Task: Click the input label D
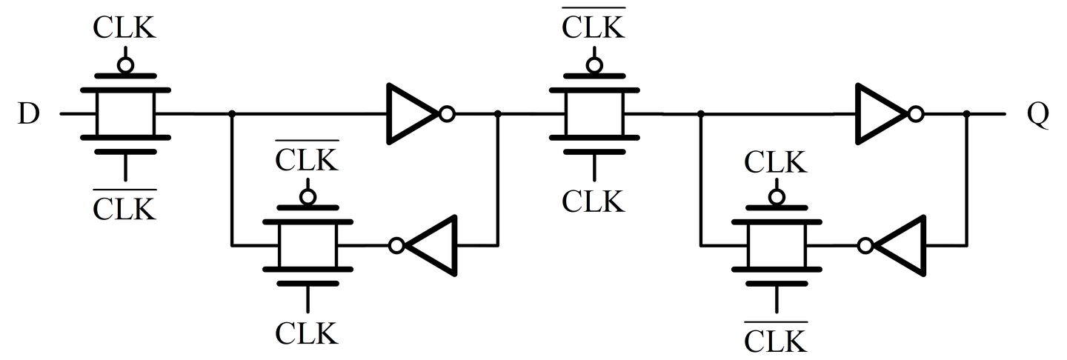click(27, 116)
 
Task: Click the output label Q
click(1037, 116)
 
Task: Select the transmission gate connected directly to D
click(125, 114)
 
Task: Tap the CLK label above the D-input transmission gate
click(125, 27)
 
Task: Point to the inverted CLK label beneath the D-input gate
click(125, 207)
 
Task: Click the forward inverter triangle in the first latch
click(412, 114)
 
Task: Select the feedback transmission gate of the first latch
click(308, 245)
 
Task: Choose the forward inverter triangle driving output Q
click(882, 114)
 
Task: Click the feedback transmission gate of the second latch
click(777, 245)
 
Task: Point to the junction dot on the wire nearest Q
click(967, 114)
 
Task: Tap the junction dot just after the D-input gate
click(233, 114)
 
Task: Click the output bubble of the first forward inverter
click(447, 114)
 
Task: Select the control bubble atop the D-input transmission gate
click(125, 65)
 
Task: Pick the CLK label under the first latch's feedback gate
click(308, 333)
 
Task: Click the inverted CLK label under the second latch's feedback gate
click(777, 339)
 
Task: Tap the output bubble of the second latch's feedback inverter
click(865, 245)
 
